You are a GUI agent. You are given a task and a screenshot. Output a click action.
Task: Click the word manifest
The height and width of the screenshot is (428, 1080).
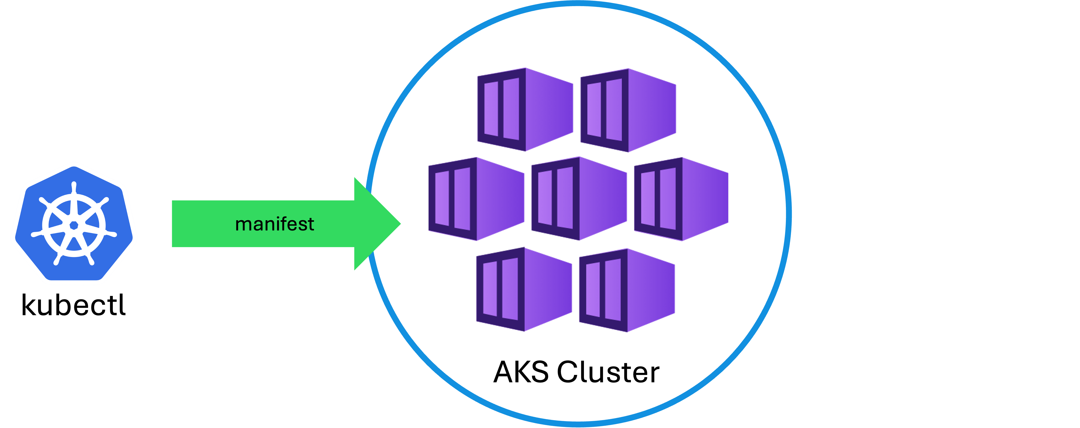[275, 224]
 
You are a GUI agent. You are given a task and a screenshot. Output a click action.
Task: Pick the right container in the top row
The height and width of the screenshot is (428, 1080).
[629, 110]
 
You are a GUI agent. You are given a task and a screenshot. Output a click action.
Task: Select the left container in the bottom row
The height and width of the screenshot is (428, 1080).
[524, 289]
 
